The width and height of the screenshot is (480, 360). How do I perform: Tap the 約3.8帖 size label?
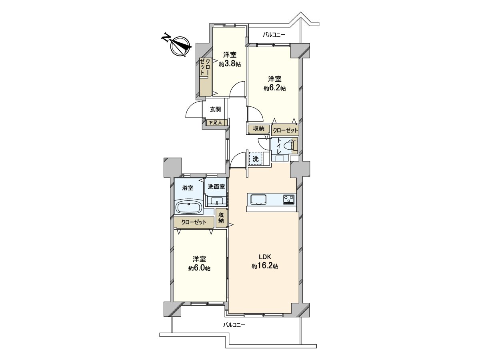point(230,64)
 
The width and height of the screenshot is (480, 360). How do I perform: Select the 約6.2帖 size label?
point(274,88)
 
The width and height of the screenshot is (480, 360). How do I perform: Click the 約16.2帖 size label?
point(265,266)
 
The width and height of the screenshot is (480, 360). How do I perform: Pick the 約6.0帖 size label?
point(199,269)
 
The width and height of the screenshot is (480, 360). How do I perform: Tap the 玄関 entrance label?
point(215,109)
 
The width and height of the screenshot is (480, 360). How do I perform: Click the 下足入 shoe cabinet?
point(217,123)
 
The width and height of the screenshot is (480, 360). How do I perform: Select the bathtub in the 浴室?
point(189,208)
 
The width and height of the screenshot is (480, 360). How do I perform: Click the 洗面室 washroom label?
point(216,186)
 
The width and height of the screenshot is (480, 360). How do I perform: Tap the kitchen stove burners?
point(289,198)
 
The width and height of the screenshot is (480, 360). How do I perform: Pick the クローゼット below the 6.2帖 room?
point(285,130)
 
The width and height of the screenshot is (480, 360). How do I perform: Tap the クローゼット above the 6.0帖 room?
point(194,222)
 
